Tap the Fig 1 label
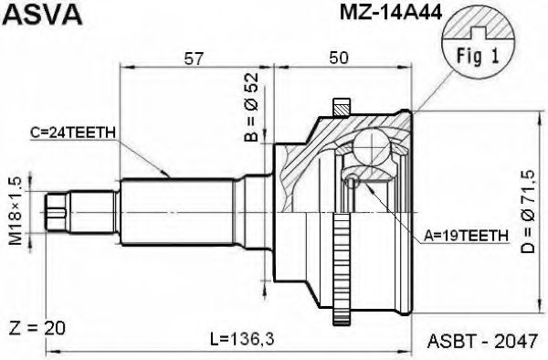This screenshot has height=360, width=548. tap(477, 54)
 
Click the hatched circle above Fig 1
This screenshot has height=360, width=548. tap(476, 25)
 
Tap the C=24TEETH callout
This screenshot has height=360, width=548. tap(72, 132)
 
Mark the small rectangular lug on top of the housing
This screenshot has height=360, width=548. tap(343, 106)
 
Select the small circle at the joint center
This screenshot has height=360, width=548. tap(353, 181)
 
